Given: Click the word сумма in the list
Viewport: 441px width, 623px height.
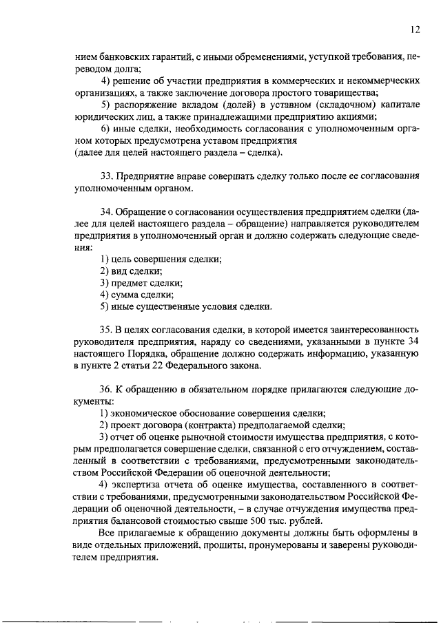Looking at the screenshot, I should point(127,294).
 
